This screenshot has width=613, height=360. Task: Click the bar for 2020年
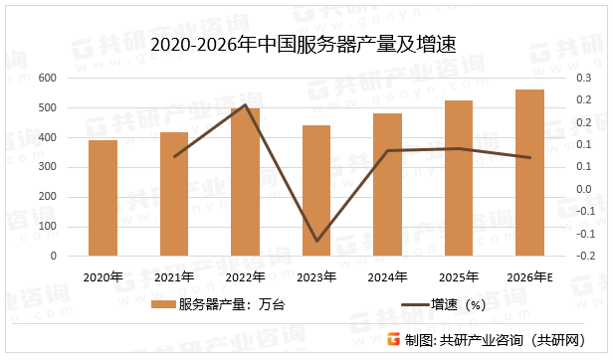click(102, 198)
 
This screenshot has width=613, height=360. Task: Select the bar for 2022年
click(245, 182)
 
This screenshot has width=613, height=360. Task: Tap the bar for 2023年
click(316, 190)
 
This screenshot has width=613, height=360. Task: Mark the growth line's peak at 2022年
click(245, 104)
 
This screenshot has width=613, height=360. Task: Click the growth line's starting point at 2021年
click(174, 156)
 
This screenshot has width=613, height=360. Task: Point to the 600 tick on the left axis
click(47, 78)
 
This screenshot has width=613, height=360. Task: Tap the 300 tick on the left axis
click(47, 167)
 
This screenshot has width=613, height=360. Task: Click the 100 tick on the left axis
click(47, 227)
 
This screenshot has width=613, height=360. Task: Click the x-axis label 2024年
click(387, 276)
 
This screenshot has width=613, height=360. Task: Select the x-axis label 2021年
click(174, 276)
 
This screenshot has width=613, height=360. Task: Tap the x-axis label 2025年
click(459, 276)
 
